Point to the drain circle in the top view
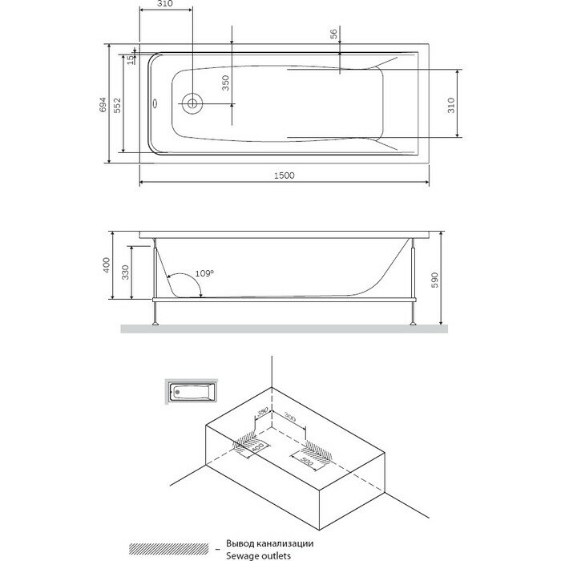click(192, 103)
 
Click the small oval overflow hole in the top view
click(155, 103)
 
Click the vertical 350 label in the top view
click(226, 84)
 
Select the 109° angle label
click(204, 274)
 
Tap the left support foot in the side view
click(154, 321)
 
